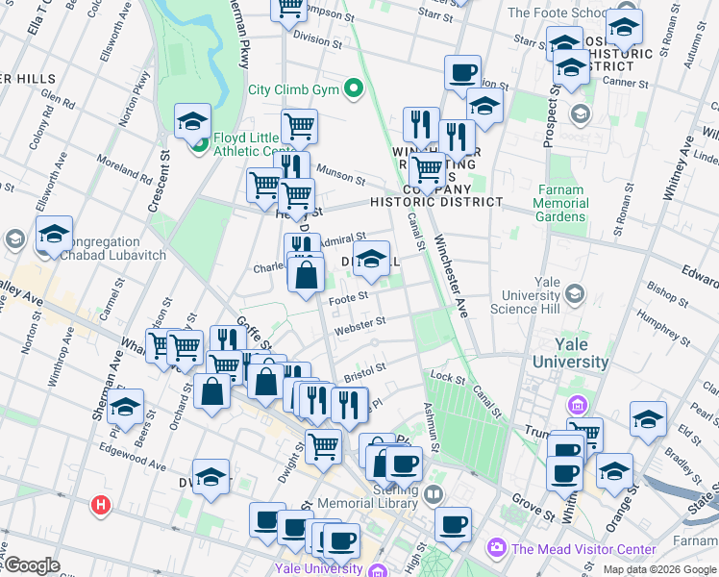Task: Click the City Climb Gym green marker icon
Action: click(x=354, y=90)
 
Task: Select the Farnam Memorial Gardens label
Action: click(x=559, y=203)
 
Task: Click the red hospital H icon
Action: click(x=100, y=505)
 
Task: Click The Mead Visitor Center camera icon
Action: click(x=497, y=548)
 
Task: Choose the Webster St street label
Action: click(x=359, y=326)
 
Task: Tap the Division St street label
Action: click(x=318, y=40)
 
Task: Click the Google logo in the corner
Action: click(x=31, y=565)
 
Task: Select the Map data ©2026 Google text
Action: click(x=659, y=569)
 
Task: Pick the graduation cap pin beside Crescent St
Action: click(x=192, y=122)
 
